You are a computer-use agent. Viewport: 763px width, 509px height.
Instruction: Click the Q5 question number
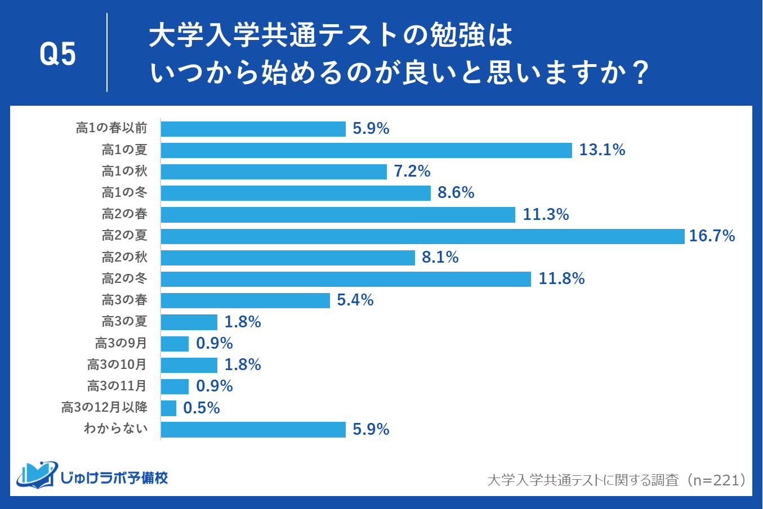pyautogui.click(x=58, y=55)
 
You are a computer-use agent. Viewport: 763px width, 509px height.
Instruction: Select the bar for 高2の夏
pyautogui.click(x=422, y=236)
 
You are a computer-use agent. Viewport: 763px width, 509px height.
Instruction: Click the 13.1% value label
pyautogui.click(x=602, y=150)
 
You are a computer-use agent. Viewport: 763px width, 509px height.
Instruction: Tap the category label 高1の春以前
pyautogui.click(x=111, y=128)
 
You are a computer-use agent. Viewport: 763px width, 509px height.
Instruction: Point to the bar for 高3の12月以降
pyautogui.click(x=168, y=408)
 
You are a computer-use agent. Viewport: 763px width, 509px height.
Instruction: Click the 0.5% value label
pyautogui.click(x=201, y=408)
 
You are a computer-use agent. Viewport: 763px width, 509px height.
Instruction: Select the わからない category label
pyautogui.click(x=115, y=429)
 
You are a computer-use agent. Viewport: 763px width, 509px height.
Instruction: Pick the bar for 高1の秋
pyautogui.click(x=274, y=172)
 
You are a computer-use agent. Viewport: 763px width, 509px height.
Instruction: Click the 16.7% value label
pyautogui.click(x=712, y=236)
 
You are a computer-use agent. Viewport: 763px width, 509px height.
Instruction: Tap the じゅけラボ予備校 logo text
pyautogui.click(x=114, y=478)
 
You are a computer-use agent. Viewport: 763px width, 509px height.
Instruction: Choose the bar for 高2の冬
pyautogui.click(x=346, y=279)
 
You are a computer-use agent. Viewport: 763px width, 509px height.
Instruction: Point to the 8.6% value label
pyautogui.click(x=456, y=193)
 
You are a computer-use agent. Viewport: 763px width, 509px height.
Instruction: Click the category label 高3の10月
pyautogui.click(x=117, y=365)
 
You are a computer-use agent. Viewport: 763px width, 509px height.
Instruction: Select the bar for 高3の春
pyautogui.click(x=245, y=300)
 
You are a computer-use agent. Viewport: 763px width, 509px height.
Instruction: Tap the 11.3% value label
pyautogui.click(x=545, y=215)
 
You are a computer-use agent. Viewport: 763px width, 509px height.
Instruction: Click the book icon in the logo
pyautogui.click(x=37, y=475)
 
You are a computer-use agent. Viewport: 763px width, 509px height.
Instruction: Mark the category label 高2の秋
pyautogui.click(x=124, y=258)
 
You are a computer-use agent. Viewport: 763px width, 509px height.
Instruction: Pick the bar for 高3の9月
pyautogui.click(x=175, y=344)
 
